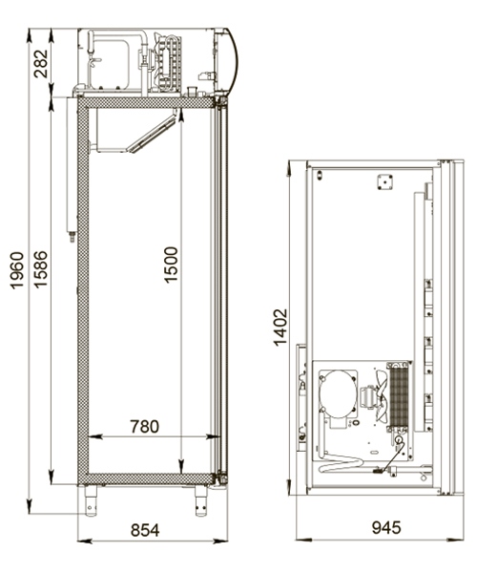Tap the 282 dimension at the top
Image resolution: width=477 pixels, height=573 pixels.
[x=43, y=62]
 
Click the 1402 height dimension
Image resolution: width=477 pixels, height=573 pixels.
[x=280, y=327]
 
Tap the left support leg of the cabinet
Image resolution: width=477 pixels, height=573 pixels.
[x=92, y=499]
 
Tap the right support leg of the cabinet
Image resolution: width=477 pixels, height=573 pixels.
[x=201, y=499]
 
